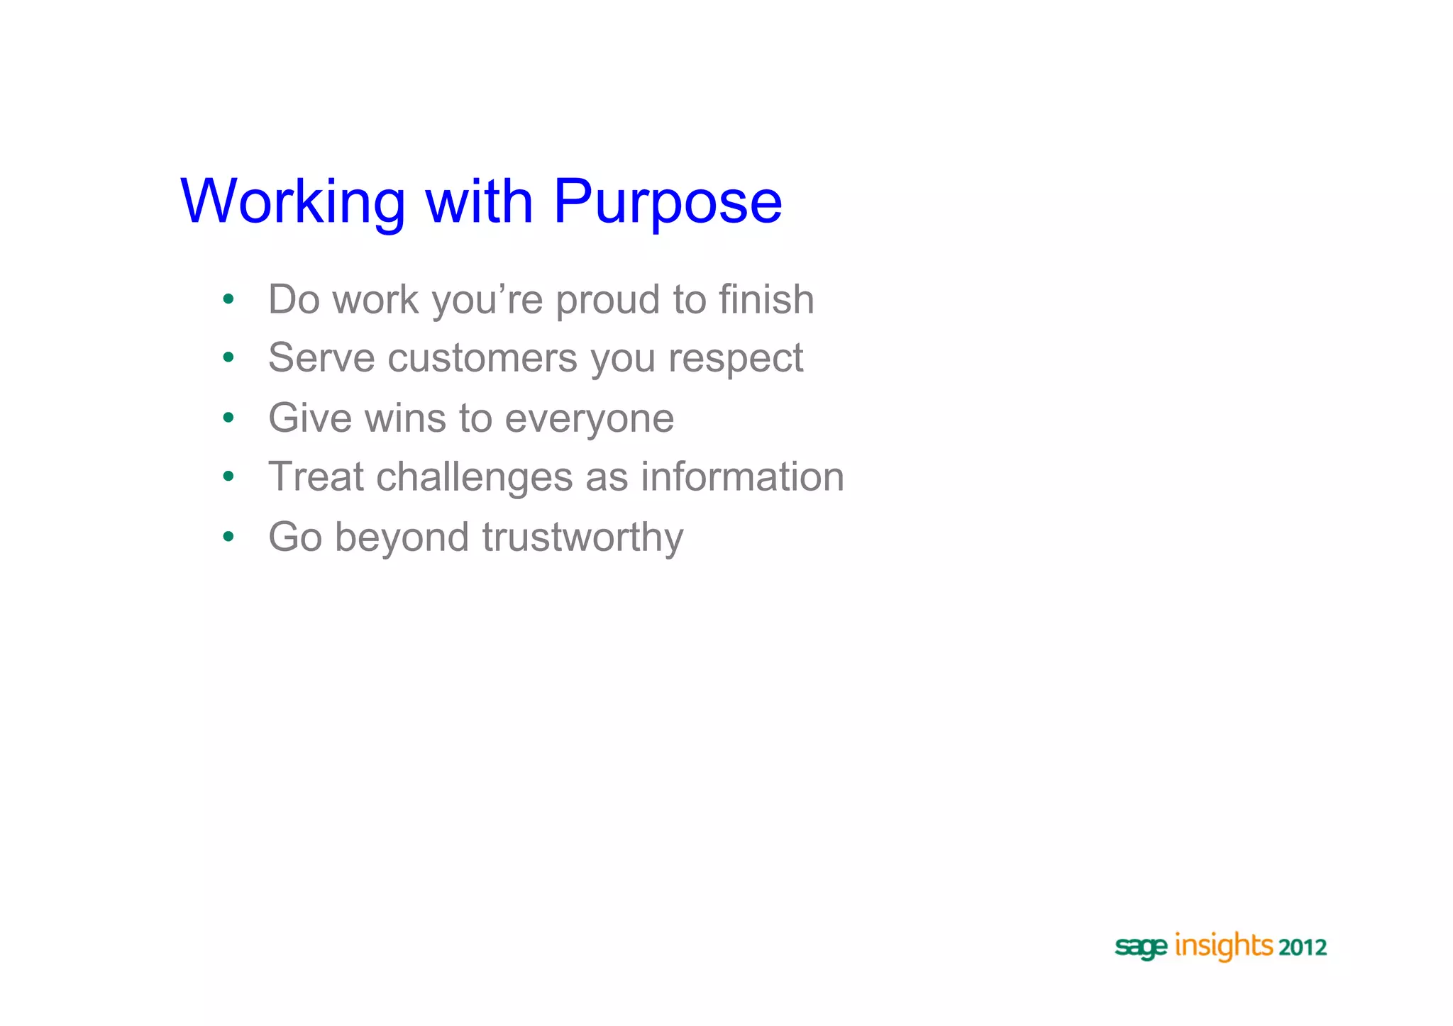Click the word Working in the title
(x=292, y=202)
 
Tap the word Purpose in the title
(x=667, y=202)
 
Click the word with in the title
(x=479, y=202)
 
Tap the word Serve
(x=321, y=357)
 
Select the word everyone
(x=589, y=419)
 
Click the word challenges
(x=474, y=476)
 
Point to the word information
(x=743, y=476)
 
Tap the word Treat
(x=316, y=476)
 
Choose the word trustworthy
(x=582, y=537)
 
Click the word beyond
(x=402, y=537)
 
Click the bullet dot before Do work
(x=228, y=299)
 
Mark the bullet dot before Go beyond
(x=228, y=537)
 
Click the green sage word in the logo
(x=1141, y=947)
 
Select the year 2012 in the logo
(x=1303, y=947)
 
